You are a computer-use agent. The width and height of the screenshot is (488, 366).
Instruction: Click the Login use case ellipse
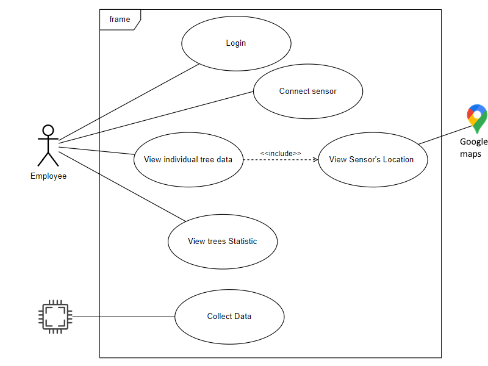point(235,43)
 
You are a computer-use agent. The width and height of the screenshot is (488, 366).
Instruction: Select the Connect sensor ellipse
point(308,91)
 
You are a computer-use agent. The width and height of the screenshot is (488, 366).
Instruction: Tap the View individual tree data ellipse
point(188,160)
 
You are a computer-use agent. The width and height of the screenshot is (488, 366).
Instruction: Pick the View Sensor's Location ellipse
point(372,160)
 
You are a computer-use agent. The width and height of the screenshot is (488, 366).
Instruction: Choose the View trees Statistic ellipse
point(223,241)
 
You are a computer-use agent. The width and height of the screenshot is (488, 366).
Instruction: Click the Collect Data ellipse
point(229,317)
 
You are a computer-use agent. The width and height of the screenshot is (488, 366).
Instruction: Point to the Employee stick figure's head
point(48,130)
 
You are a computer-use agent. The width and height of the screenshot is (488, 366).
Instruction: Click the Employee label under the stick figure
point(48,176)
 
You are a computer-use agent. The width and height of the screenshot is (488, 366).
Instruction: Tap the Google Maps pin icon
point(477,118)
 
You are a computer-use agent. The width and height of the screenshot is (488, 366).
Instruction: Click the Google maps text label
point(474,148)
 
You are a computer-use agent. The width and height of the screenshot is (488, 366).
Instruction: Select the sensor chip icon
point(55,317)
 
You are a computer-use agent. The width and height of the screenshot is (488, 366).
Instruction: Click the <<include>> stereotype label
point(281,152)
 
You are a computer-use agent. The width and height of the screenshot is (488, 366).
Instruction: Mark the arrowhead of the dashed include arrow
point(315,160)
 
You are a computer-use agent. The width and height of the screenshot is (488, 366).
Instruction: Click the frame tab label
point(120,20)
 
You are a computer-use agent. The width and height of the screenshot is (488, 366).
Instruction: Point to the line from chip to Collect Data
point(122,317)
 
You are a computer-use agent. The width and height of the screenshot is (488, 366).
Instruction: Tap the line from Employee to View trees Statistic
point(122,185)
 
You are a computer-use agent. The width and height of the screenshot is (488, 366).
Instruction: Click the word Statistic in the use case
point(242,241)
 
